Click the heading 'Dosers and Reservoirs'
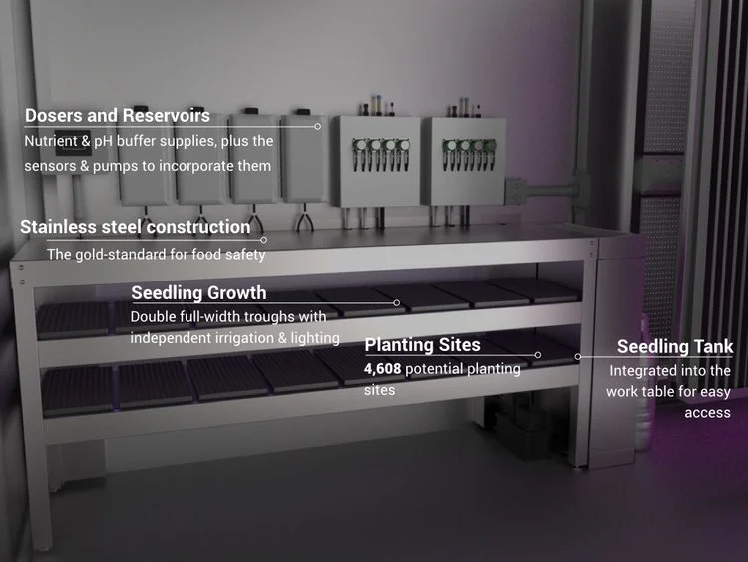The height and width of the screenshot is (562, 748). coord(117,115)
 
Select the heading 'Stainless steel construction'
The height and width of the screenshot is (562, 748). coord(136,227)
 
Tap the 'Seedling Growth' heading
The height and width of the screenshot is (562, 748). coord(198,292)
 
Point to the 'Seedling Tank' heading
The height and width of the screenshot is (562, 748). coord(674,346)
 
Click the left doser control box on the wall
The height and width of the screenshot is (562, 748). coord(374,160)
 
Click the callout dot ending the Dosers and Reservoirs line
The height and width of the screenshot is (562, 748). coord(318,126)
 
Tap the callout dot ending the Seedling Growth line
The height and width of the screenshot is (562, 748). coord(397,302)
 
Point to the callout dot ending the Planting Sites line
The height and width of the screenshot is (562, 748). coord(538,354)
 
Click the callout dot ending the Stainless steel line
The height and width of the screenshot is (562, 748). coord(264,240)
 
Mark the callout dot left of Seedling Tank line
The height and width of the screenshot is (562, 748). coord(578,355)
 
